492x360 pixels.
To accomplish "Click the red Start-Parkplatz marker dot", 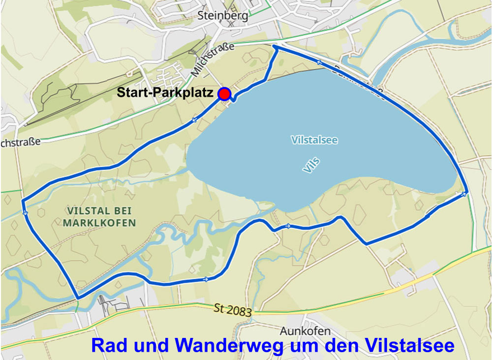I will click(224, 94).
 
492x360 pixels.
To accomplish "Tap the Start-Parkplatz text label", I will click(165, 93).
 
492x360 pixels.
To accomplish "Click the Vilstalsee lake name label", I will click(314, 140).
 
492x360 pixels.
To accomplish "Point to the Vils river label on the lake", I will click(311, 165).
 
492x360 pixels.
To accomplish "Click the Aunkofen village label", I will click(305, 331).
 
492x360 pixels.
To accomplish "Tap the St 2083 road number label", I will click(233, 310).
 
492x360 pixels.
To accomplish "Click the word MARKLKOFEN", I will click(99, 223).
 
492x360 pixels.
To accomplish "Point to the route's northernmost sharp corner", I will click(275, 46).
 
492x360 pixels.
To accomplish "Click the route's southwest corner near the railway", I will click(78, 297).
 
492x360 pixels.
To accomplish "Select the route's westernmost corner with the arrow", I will click(23, 201).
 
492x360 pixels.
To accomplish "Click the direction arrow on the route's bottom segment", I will click(205, 279).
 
